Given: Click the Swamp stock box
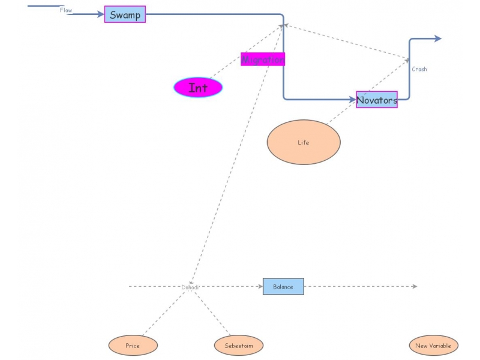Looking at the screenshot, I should point(125,14).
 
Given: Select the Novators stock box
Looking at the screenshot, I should point(377,100).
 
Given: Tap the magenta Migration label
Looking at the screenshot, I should point(263,59).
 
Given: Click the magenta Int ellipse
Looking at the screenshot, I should point(198,88).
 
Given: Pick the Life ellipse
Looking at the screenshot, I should point(304,142).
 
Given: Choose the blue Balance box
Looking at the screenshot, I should point(283,286).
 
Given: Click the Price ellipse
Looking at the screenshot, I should point(133,346).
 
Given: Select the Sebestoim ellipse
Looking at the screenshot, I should point(239,346).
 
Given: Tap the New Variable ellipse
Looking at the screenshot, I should point(433,346).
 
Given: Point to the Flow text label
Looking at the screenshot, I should point(66,10).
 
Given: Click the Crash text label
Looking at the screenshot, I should point(419,69).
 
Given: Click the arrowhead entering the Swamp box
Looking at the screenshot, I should point(101,14).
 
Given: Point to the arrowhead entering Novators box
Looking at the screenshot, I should point(352,100).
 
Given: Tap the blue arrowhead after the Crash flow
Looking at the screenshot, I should point(438,38).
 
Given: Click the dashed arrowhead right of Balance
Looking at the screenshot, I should point(413,286).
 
